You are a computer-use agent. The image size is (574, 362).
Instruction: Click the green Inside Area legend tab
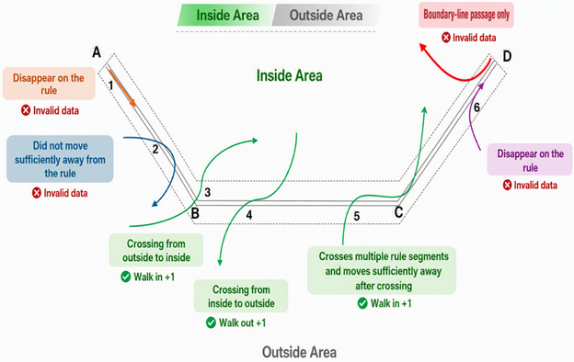pos(226,15)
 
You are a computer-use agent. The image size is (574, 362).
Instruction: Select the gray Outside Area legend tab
pos(326,15)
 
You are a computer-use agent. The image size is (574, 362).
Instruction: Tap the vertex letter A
pos(97,52)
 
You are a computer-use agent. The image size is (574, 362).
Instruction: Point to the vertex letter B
pos(195,213)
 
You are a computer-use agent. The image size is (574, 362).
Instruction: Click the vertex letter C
pos(398,211)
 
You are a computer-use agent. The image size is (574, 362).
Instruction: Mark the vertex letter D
pos(507,56)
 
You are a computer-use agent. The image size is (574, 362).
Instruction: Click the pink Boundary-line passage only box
pos(466,15)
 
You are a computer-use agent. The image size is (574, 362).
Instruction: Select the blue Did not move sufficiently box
pos(60,159)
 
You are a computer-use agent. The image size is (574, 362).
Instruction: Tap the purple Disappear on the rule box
pos(530,160)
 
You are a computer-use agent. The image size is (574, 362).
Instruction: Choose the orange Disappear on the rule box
pos(49,84)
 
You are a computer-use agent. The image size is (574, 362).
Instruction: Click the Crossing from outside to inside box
pos(156,250)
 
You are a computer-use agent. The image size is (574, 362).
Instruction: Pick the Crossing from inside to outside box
pos(241,296)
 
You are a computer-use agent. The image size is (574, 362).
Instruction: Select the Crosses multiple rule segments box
pos(382,271)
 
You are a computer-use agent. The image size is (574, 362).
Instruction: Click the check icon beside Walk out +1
pos(211,322)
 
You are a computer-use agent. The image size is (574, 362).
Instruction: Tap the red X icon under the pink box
pos(446,38)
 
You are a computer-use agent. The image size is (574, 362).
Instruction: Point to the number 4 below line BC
pos(249,215)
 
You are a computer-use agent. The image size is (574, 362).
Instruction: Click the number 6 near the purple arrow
pos(476,107)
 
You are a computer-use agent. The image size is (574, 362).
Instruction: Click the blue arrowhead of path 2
pos(155,203)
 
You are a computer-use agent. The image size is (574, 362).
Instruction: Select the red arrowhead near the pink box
pos(423,48)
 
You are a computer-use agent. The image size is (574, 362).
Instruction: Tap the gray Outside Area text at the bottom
pos(300,353)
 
